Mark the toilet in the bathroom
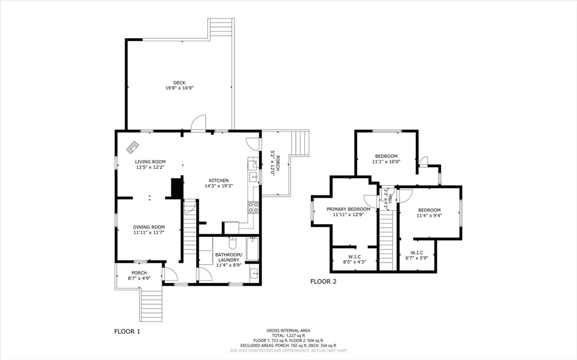(232, 243)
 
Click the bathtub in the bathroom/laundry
(252, 248)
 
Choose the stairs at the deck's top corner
(221, 28)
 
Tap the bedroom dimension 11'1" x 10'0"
(386, 162)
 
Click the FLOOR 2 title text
(323, 281)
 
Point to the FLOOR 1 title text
(127, 331)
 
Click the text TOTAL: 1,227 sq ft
(288, 335)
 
